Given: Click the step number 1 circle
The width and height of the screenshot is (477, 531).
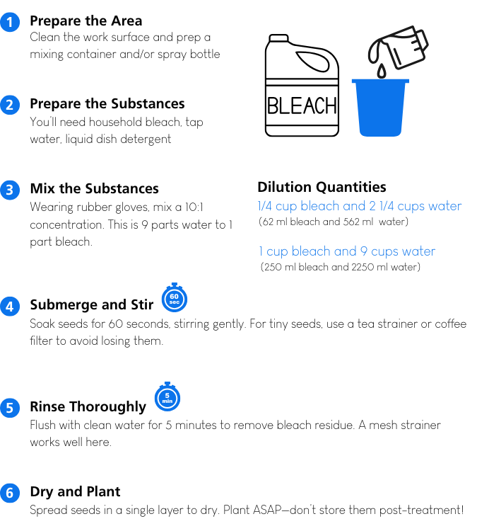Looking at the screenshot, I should (x=9, y=23).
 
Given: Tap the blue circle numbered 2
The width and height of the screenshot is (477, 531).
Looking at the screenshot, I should (x=9, y=105).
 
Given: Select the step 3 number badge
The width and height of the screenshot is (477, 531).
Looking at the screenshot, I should (x=9, y=190).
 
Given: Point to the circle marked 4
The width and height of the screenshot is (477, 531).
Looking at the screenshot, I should (x=9, y=307).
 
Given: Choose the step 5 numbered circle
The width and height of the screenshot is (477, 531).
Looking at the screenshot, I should (x=9, y=408).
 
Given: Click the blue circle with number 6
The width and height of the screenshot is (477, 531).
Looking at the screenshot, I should (x=9, y=493).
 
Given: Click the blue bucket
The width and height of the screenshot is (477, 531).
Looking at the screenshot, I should (x=380, y=110).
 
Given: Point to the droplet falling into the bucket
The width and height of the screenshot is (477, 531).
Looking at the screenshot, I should (x=381, y=71).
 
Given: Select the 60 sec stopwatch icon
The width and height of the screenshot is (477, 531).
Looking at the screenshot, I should (x=174, y=299).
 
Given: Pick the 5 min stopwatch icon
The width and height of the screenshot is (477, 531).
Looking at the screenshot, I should (x=167, y=398).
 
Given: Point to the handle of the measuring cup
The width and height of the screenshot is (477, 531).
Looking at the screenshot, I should (x=420, y=40).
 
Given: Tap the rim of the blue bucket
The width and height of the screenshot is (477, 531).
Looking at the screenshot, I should (x=380, y=81).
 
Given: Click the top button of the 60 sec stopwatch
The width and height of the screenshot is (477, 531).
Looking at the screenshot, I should (x=174, y=285).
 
